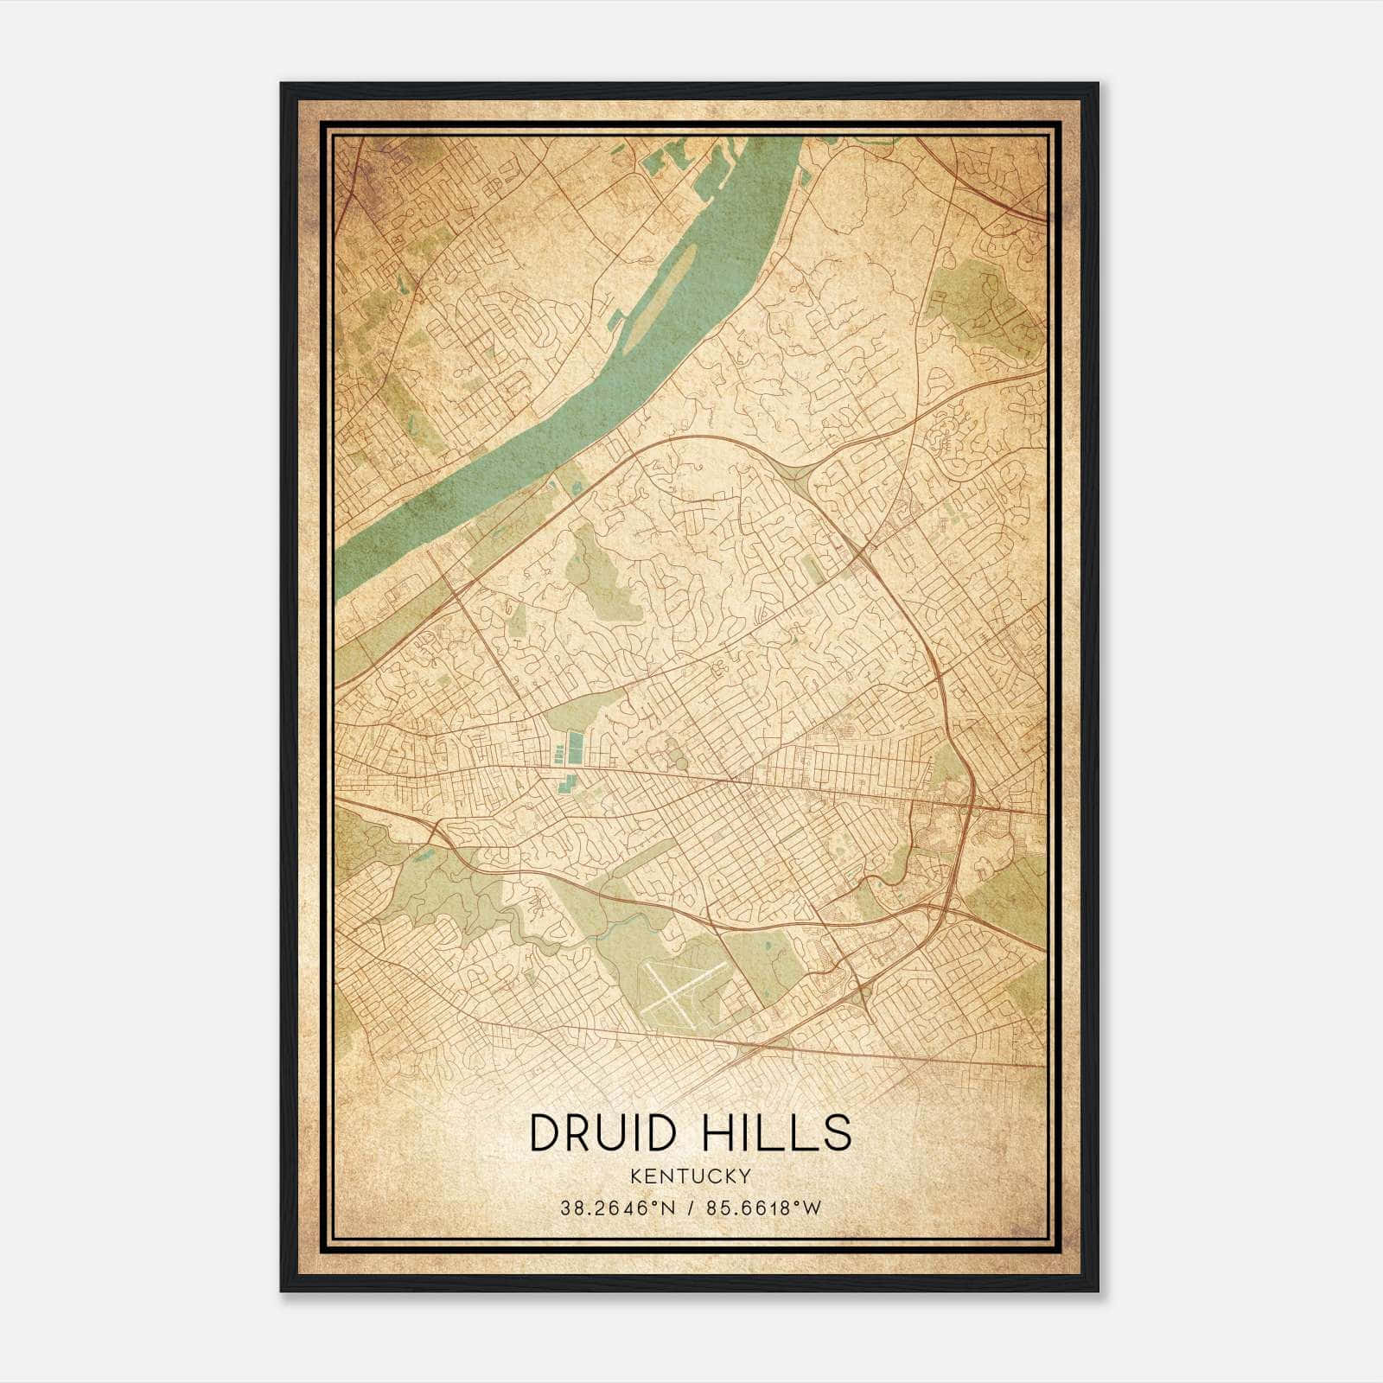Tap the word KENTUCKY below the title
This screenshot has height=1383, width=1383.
pyautogui.click(x=690, y=1176)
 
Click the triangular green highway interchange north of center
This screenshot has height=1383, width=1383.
pyautogui.click(x=795, y=471)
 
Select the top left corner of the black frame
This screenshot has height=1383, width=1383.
pyautogui.click(x=283, y=85)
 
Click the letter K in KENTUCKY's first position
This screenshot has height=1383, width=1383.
pyautogui.click(x=635, y=1176)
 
